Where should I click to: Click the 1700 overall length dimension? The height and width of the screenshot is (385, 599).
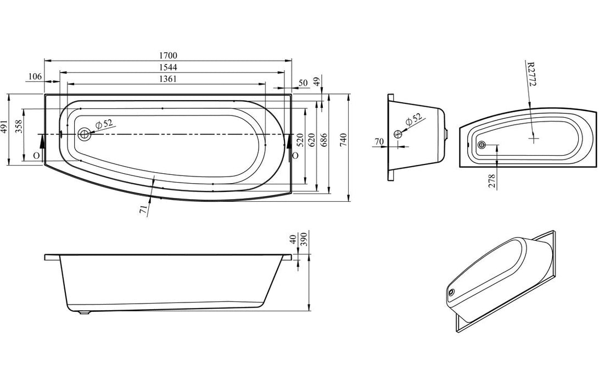[169, 56]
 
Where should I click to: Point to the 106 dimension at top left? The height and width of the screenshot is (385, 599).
[35, 76]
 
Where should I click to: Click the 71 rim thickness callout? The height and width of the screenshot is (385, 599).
[143, 210]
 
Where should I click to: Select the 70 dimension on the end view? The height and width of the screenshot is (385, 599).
[378, 142]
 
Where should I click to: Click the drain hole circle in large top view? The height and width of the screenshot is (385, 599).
[85, 134]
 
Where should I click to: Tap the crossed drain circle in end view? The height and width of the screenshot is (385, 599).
[399, 134]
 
